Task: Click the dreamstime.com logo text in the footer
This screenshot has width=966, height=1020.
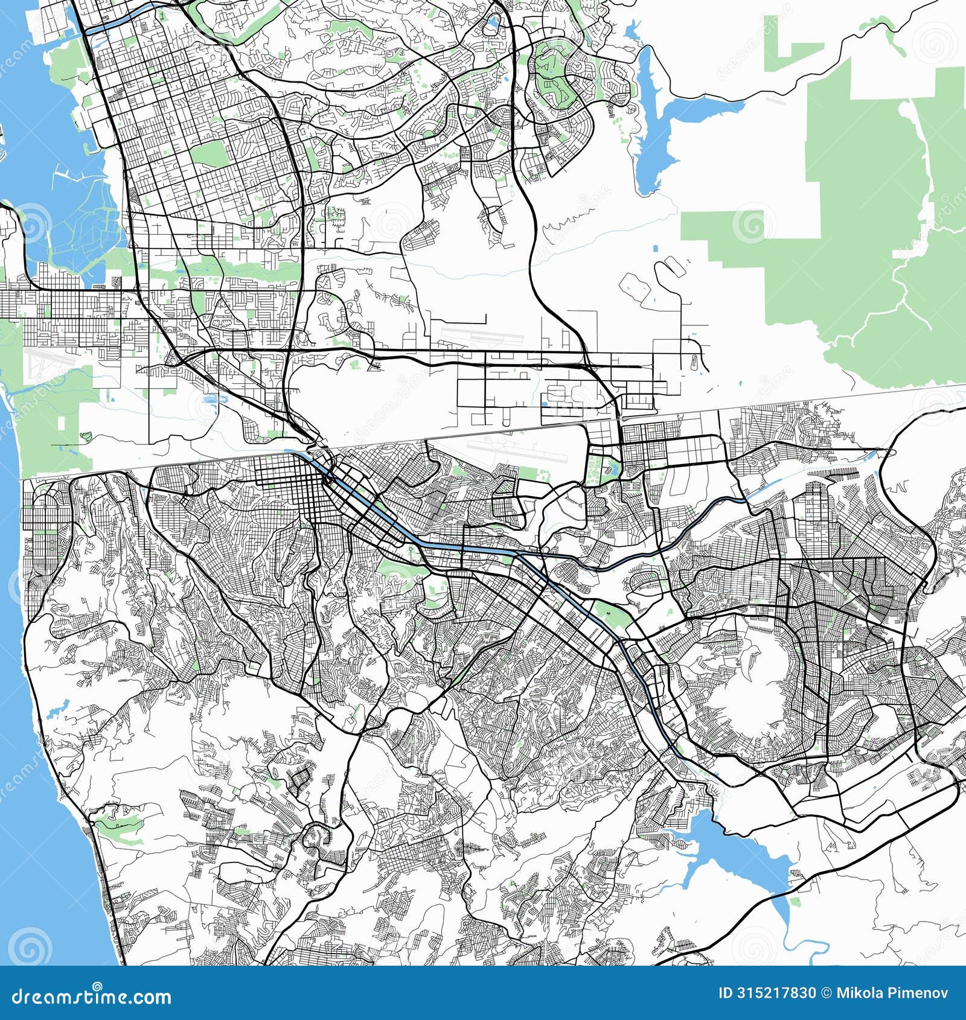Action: click(88, 995)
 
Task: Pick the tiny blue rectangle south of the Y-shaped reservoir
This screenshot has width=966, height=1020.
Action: click(656, 248)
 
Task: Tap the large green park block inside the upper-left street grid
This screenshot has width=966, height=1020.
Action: click(208, 154)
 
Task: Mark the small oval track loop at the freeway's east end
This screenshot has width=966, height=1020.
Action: click(693, 362)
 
